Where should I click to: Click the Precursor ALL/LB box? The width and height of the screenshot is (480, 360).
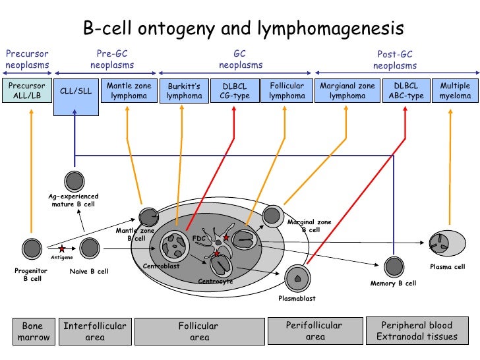pyautogui.click(x=26, y=91)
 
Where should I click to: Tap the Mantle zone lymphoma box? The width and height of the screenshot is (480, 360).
pyautogui.click(x=129, y=91)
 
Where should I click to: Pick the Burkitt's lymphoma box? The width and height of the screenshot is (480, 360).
pyautogui.click(x=185, y=91)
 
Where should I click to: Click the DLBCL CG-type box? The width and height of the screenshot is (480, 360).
pyautogui.click(x=235, y=91)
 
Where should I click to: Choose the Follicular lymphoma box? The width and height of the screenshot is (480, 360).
pyautogui.click(x=287, y=91)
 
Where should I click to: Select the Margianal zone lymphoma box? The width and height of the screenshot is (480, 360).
pyautogui.click(x=347, y=91)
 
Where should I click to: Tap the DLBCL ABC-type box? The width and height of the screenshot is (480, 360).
pyautogui.click(x=405, y=91)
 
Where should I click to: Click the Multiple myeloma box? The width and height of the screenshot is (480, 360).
pyautogui.click(x=455, y=91)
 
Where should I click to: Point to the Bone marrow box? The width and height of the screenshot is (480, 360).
pyautogui.click(x=32, y=331)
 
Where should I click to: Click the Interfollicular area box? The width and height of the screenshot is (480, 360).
pyautogui.click(x=95, y=331)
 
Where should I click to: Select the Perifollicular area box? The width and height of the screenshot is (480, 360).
pyautogui.click(x=315, y=331)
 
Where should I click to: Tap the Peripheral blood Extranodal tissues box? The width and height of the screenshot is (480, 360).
pyautogui.click(x=417, y=331)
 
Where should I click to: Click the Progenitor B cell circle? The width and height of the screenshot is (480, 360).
pyautogui.click(x=32, y=249)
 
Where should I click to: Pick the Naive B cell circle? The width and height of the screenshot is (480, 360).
pyautogui.click(x=89, y=249)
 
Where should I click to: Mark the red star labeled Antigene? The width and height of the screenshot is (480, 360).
pyautogui.click(x=62, y=249)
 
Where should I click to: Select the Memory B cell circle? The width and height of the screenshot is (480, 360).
pyautogui.click(x=394, y=266)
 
